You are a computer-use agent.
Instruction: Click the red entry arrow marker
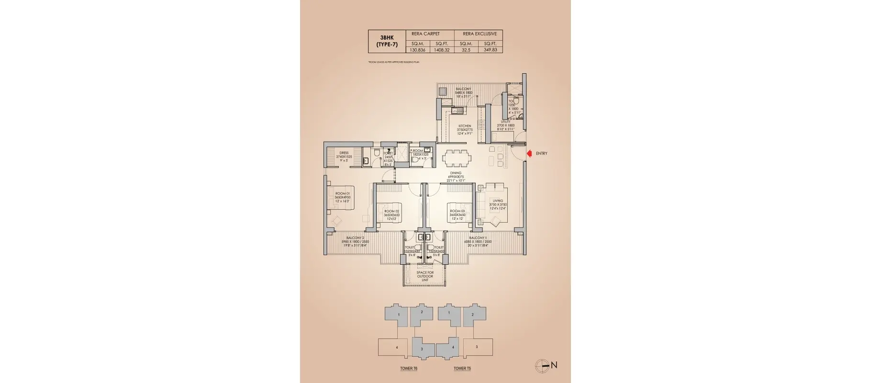(x=529, y=154)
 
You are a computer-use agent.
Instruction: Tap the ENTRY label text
(x=541, y=154)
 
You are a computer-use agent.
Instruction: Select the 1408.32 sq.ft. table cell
(x=442, y=50)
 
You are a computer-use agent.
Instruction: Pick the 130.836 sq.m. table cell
(x=418, y=50)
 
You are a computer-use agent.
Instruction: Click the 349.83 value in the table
(x=490, y=50)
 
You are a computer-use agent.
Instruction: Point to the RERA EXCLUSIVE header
(x=480, y=34)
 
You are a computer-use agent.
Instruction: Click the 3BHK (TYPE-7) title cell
(x=387, y=41)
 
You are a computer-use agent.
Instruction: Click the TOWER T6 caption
(x=409, y=369)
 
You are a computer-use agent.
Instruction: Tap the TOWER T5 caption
(x=462, y=369)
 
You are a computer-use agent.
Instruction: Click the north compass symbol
(x=542, y=365)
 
